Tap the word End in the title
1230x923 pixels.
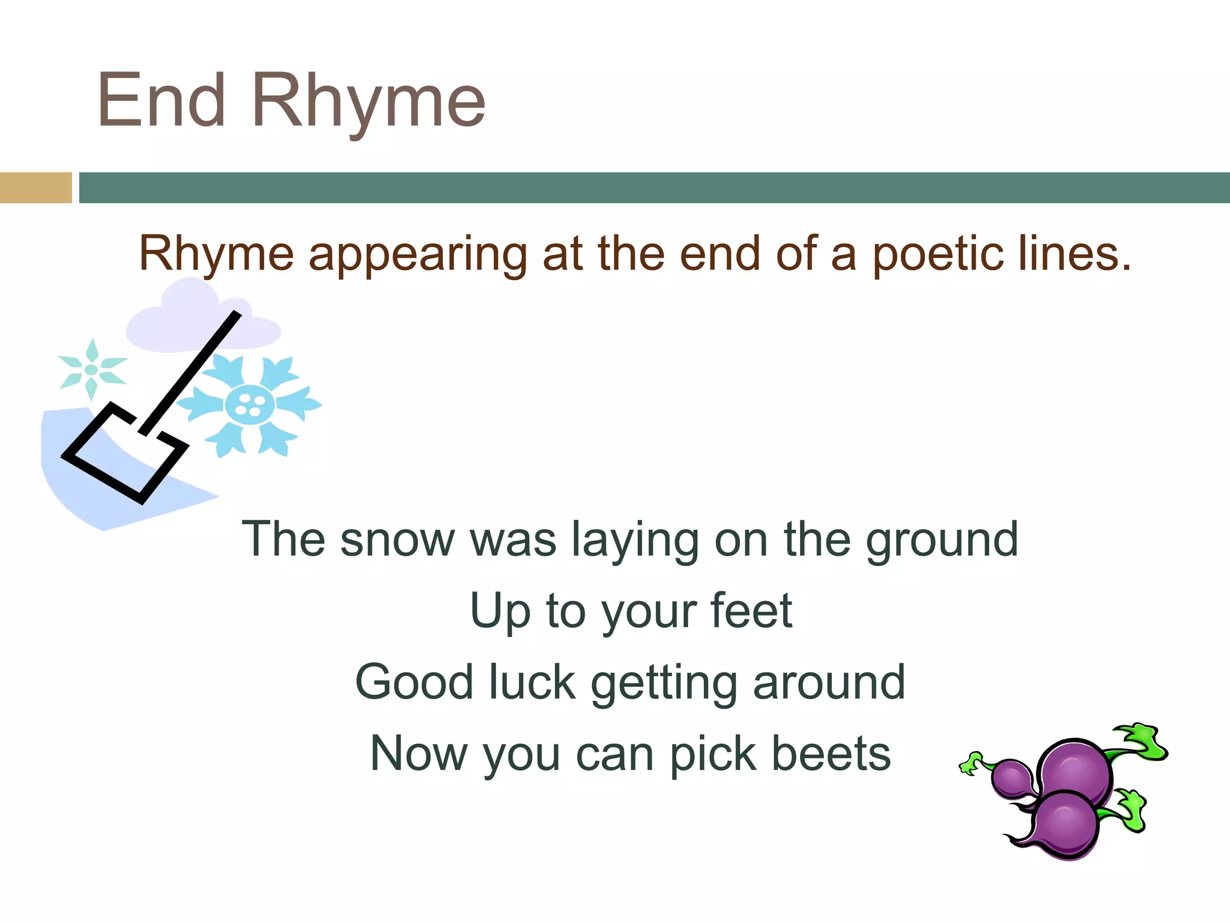(x=161, y=101)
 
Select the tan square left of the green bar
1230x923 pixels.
(x=35, y=187)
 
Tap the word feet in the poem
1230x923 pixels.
(x=751, y=611)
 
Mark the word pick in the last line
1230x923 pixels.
(x=713, y=755)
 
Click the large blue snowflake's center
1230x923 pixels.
(x=249, y=405)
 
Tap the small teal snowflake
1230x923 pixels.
(x=92, y=369)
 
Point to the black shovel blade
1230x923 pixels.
(x=124, y=454)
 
